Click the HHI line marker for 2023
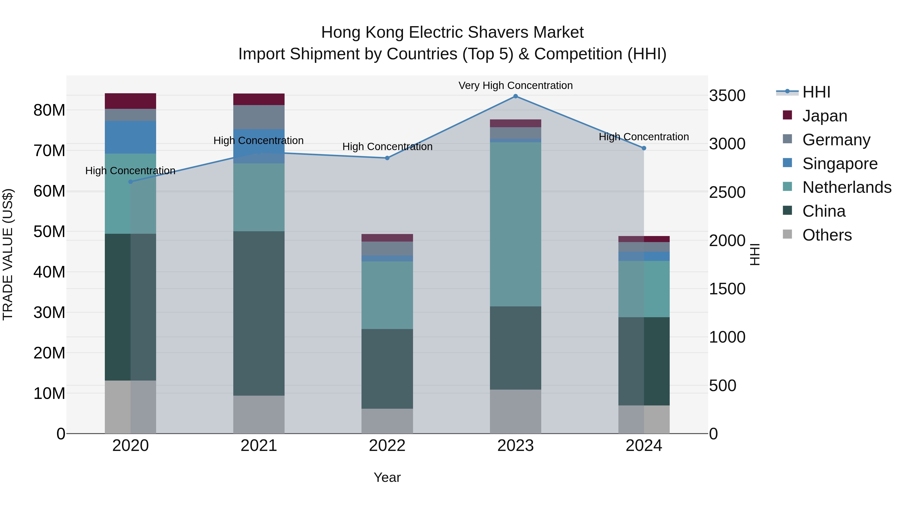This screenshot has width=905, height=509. (x=515, y=96)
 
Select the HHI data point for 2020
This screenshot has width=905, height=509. (x=130, y=182)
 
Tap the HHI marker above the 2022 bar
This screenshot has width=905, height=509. (x=387, y=158)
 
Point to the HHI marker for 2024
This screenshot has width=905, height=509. (x=644, y=148)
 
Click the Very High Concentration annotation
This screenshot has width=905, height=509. (x=515, y=85)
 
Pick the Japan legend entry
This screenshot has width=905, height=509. (x=825, y=116)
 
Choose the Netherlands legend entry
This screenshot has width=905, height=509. (x=846, y=187)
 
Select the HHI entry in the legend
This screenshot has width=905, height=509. (x=816, y=92)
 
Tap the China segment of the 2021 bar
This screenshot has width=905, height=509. (x=259, y=313)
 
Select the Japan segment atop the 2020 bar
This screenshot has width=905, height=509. (x=130, y=101)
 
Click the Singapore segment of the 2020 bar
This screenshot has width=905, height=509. (x=130, y=137)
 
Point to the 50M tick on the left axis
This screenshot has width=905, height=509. (x=49, y=232)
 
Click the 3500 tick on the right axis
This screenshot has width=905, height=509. (x=727, y=96)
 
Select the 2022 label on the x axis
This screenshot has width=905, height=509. (x=387, y=446)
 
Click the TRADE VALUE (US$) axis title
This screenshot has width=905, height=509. (x=8, y=254)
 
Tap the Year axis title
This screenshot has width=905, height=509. (x=387, y=477)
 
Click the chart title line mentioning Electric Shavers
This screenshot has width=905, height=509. (x=452, y=32)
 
